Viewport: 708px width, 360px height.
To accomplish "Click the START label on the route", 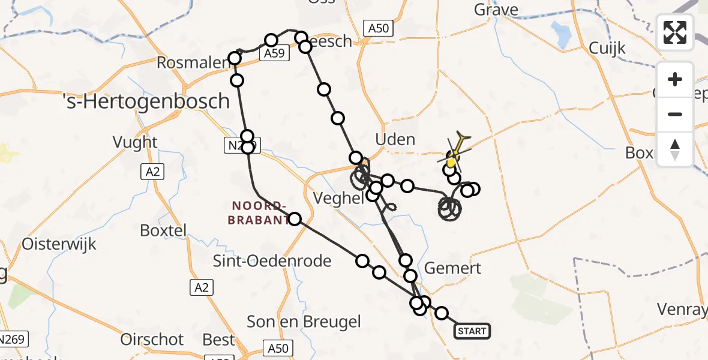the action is [472, 331].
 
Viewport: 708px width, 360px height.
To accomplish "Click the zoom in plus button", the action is [675, 79].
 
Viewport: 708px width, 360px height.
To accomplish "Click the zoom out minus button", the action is [675, 114].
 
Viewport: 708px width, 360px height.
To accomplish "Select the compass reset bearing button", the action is [675, 149].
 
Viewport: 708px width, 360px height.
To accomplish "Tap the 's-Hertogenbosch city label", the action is [147, 101].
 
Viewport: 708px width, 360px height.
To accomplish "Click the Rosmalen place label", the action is [193, 62].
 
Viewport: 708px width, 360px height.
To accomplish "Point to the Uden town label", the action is [394, 140].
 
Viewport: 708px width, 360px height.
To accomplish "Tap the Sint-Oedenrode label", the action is [272, 261].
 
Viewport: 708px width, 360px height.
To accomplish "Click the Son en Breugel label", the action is [304, 322].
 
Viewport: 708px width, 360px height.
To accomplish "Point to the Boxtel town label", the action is [163, 230].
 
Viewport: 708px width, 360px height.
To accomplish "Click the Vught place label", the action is [135, 142].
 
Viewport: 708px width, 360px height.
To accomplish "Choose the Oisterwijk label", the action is [59, 244].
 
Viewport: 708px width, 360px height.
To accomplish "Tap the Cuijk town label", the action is [607, 48].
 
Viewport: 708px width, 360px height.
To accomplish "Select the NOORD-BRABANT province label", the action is [259, 214].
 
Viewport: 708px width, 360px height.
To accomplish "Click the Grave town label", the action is [496, 10].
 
